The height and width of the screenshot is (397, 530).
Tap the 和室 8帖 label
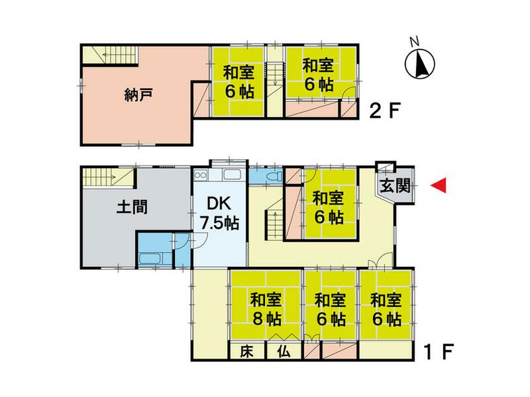tap(266, 308)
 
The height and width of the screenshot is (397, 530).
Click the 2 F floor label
tap(385, 110)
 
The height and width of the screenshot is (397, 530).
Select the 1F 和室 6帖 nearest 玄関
tap(328, 206)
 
